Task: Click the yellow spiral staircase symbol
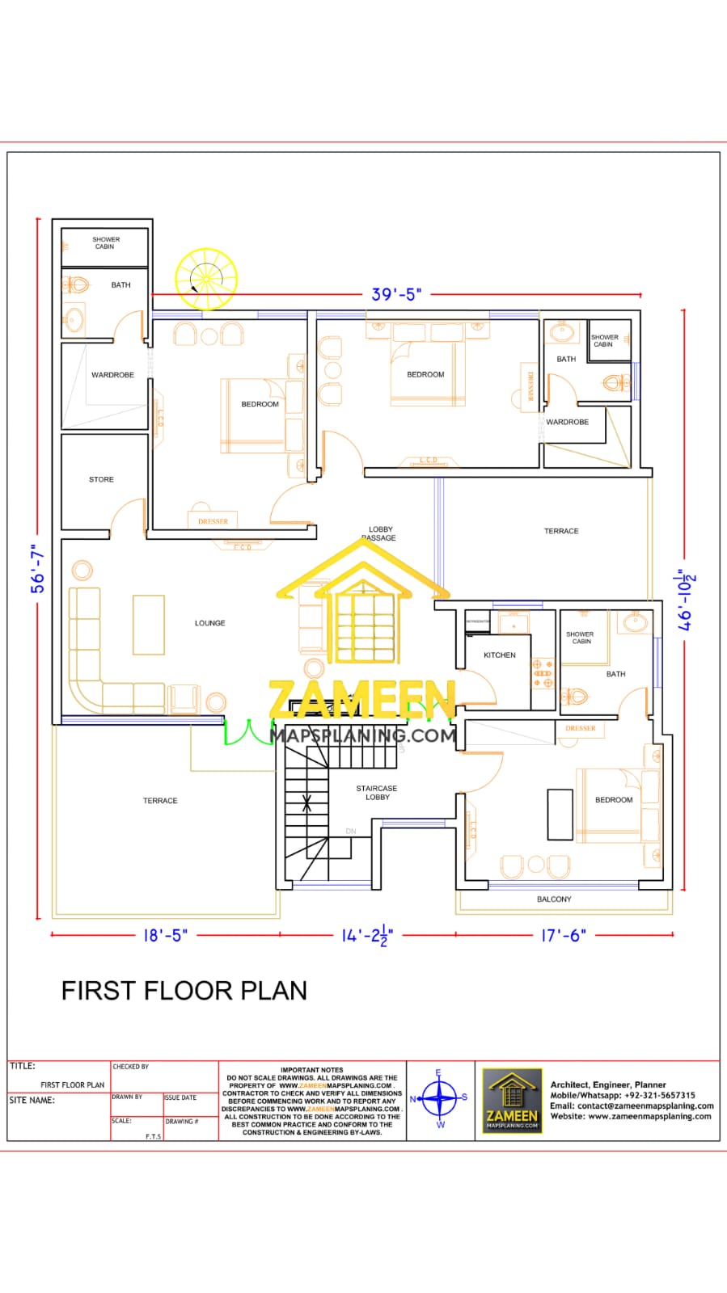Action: (x=206, y=279)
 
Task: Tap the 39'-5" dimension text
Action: (x=396, y=294)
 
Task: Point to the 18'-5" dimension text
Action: (x=165, y=935)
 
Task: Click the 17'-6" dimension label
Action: (x=563, y=935)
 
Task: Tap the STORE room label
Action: (x=101, y=479)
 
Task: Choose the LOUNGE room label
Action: (x=209, y=623)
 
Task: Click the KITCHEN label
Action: (x=499, y=655)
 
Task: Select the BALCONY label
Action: (x=554, y=899)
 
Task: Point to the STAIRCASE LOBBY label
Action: (x=377, y=793)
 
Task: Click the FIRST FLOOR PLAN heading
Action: (x=184, y=991)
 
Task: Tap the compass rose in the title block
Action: (x=440, y=1098)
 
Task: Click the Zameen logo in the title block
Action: (x=512, y=1100)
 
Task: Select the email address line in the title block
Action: (x=632, y=1106)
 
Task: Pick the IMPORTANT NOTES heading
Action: (x=311, y=1070)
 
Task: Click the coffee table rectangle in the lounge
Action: (x=149, y=624)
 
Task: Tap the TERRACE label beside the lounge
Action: (x=160, y=801)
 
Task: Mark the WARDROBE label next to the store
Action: (x=112, y=375)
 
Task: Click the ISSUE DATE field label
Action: (x=180, y=1097)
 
